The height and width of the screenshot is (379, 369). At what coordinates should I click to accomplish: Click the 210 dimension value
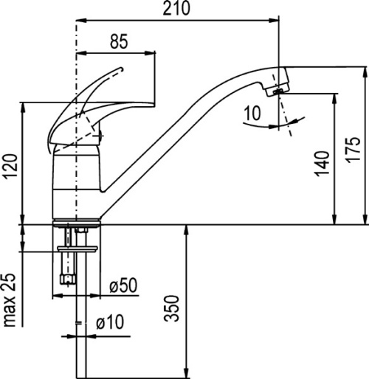176,8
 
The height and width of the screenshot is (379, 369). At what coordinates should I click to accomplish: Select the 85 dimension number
119,41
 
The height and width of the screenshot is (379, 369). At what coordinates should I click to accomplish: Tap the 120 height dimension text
10,166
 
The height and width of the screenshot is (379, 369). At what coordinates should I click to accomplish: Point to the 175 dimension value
354,149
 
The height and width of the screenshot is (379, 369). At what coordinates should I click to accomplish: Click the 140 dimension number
322,164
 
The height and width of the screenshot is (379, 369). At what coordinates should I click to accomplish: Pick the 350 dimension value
171,308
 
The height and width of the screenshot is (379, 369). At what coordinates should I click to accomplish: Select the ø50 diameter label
123,285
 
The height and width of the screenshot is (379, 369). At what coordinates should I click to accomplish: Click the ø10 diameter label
110,322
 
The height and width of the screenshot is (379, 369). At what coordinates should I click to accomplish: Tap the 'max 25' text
10,300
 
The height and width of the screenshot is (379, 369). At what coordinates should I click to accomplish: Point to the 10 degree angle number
252,113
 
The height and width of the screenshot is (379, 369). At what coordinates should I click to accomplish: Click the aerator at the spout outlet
277,91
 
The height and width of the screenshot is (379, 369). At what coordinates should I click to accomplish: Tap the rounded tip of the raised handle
121,69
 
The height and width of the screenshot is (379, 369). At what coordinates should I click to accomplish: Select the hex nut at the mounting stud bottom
68,279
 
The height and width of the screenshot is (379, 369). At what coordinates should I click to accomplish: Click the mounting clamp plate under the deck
77,248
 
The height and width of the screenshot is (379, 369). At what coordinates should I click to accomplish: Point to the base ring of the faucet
77,223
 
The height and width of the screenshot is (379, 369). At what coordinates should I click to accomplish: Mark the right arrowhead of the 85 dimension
150,52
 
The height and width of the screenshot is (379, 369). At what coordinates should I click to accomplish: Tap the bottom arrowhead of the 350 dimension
187,372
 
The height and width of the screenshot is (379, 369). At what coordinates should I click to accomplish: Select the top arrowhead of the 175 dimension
365,72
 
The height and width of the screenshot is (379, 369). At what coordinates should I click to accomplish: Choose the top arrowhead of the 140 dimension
334,100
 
